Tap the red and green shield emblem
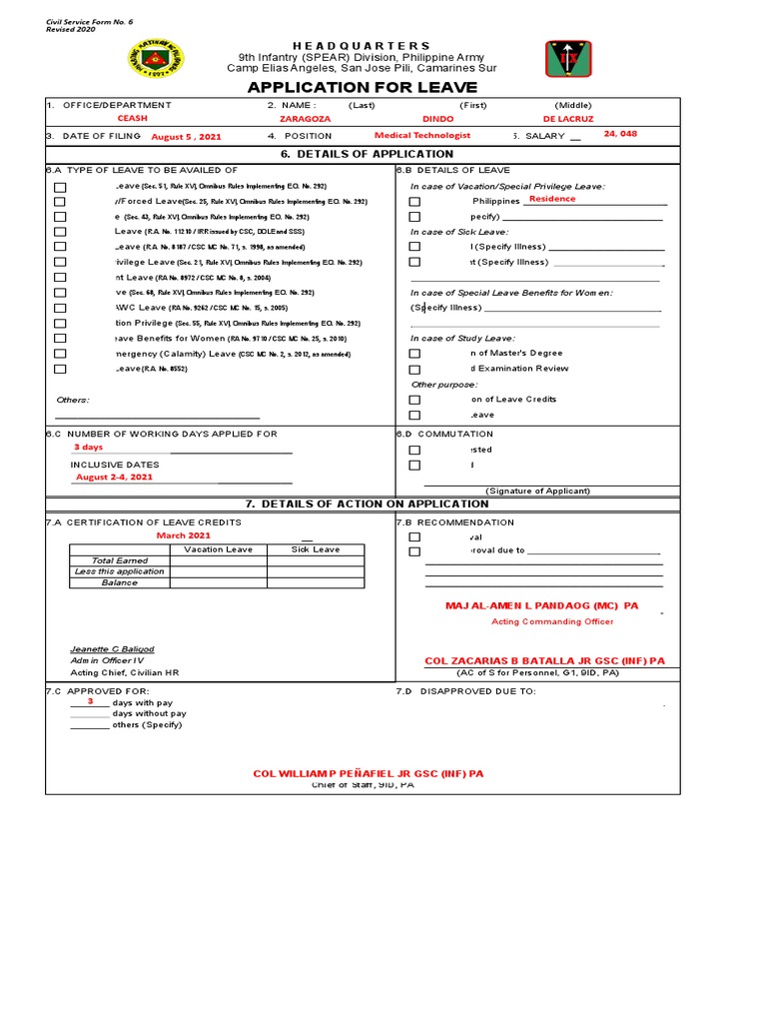point(567,59)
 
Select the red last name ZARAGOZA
point(306,119)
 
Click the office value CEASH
point(133,119)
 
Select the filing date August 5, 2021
point(186,136)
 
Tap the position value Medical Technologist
point(421,135)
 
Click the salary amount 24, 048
point(620,134)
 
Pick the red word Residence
point(552,199)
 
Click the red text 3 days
point(88,448)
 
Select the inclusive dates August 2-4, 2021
point(114,478)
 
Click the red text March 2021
point(184,535)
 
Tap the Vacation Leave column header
point(218,549)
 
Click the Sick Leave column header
point(315,549)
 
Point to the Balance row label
point(119,582)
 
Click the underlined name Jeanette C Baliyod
point(112,648)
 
